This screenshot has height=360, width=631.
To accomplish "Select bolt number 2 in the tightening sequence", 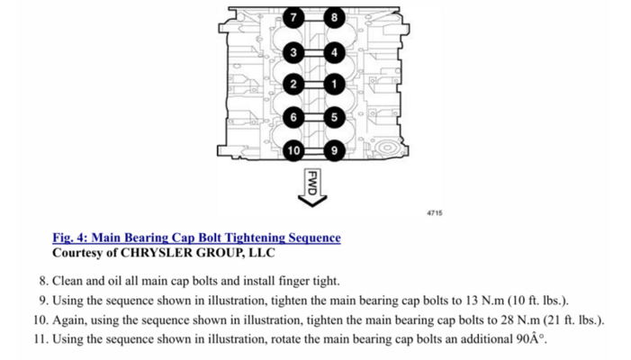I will (x=293, y=85).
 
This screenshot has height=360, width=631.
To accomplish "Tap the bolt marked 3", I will (x=293, y=52).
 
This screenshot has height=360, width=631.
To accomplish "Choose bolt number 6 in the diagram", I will (x=293, y=116).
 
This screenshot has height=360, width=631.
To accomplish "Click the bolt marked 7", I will (x=293, y=17).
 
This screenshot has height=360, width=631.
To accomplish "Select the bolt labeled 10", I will (x=293, y=148).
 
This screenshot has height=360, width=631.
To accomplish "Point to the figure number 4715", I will (x=434, y=213).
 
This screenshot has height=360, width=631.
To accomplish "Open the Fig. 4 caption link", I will (x=196, y=238).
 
